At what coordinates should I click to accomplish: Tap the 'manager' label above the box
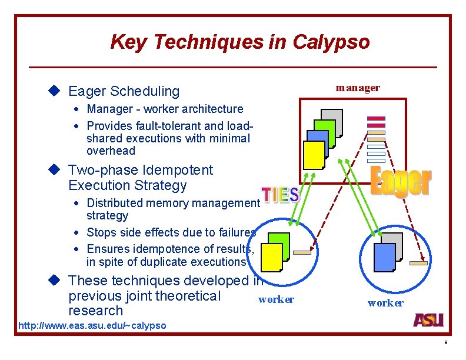coord(358,88)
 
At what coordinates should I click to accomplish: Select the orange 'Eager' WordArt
coord(401,182)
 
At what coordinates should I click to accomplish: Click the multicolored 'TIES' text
coord(280,195)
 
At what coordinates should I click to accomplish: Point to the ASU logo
coord(428,320)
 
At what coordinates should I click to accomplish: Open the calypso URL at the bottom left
coord(92,325)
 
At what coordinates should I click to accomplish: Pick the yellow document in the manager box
coord(314,155)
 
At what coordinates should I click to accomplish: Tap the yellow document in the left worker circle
coord(271,257)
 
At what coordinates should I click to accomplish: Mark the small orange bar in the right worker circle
coord(418,264)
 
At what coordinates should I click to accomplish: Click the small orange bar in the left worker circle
coord(302,252)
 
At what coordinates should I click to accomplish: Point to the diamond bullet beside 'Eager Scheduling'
coord(55,91)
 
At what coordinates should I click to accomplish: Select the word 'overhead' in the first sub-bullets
coord(111,151)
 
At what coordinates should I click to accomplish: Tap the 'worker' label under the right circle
coord(385,303)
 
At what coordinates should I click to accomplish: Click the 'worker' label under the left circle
coord(276,299)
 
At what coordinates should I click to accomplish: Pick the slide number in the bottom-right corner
coord(446,342)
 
